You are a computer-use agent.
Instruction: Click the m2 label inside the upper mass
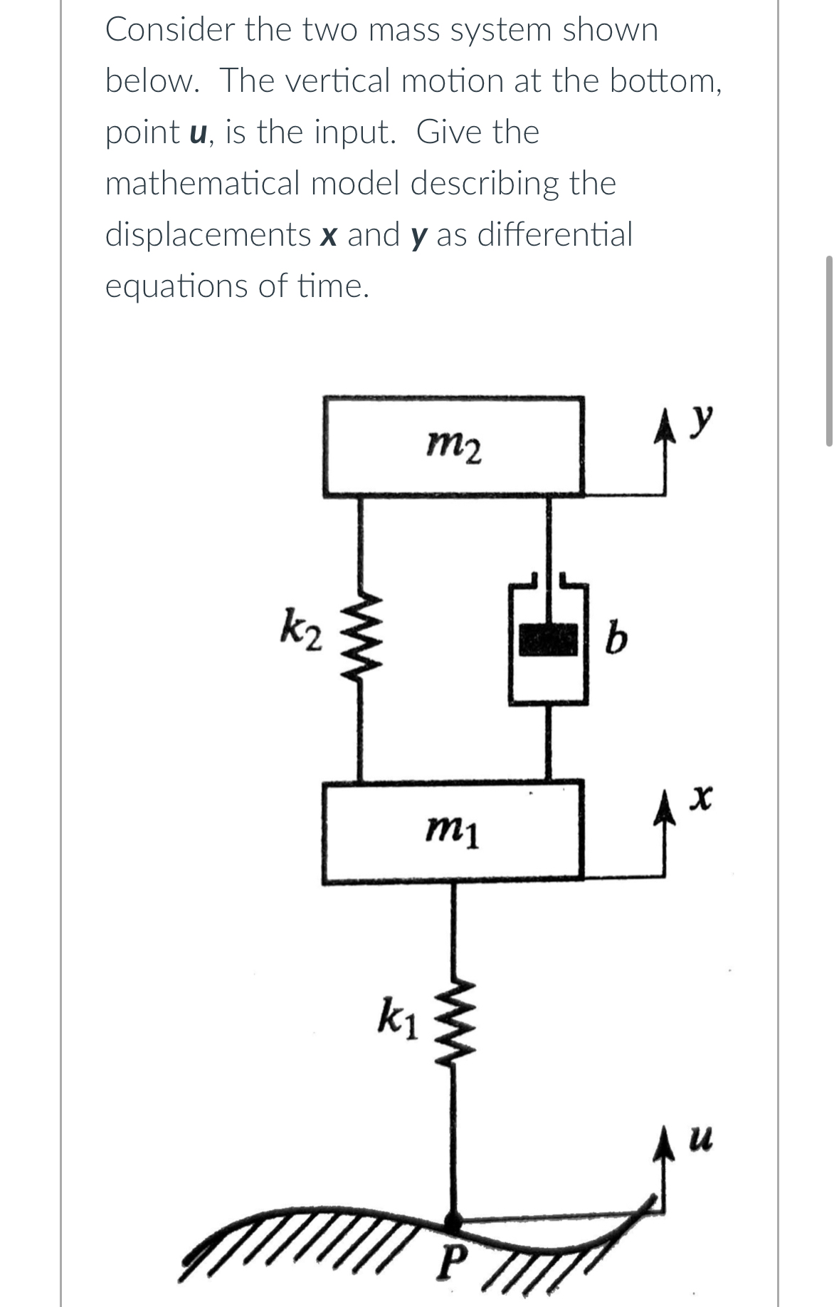tap(454, 449)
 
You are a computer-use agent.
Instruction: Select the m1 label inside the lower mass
tap(453, 831)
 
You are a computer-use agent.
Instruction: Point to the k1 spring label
tap(401, 1017)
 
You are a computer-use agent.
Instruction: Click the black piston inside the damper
tap(548, 639)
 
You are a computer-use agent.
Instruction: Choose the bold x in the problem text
tap(328, 236)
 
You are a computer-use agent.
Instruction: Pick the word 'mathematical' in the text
tap(203, 184)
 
